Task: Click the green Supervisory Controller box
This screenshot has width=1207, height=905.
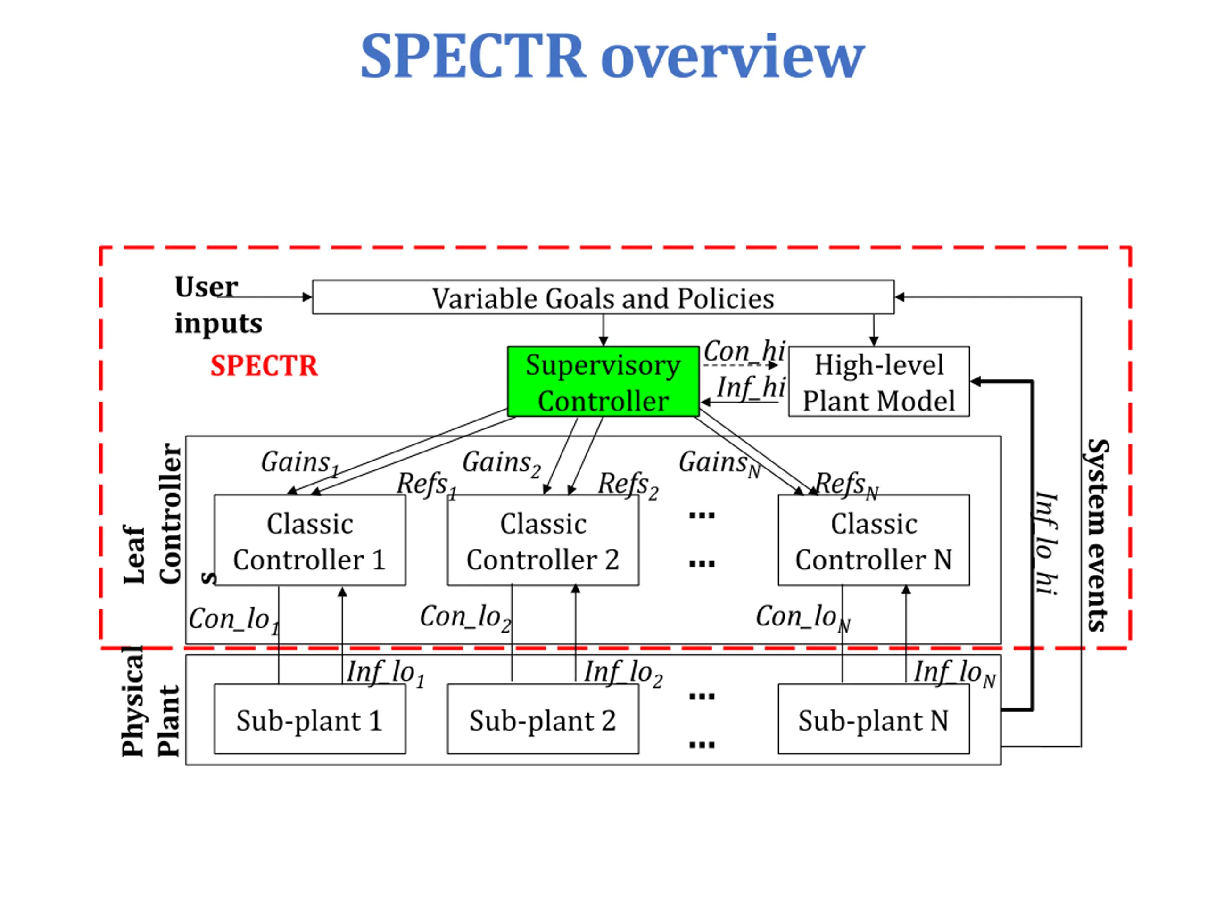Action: (603, 381)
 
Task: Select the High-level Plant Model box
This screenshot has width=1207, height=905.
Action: (879, 381)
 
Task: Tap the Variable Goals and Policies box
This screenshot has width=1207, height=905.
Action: (603, 297)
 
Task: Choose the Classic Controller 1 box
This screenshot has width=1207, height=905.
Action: (310, 540)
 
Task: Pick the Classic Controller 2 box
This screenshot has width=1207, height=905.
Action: (543, 540)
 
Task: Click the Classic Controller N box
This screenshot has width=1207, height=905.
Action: (874, 540)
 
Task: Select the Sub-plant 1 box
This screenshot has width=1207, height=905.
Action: (310, 719)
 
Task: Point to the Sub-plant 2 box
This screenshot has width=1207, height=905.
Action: (543, 719)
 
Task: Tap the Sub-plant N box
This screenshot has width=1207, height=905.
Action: (874, 719)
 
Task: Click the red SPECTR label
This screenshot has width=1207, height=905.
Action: (264, 365)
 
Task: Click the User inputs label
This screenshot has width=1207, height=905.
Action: (218, 304)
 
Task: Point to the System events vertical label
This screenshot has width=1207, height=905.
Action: (1097, 535)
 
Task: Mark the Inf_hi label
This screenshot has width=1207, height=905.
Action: (751, 387)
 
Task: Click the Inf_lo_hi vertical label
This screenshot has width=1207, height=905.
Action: (1046, 543)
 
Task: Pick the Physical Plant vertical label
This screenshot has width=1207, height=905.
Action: (150, 702)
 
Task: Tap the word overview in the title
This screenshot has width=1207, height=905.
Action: (733, 57)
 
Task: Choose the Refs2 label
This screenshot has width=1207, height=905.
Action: (628, 485)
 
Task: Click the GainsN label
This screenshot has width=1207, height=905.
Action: (719, 464)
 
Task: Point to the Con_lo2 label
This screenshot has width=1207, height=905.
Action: (465, 618)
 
